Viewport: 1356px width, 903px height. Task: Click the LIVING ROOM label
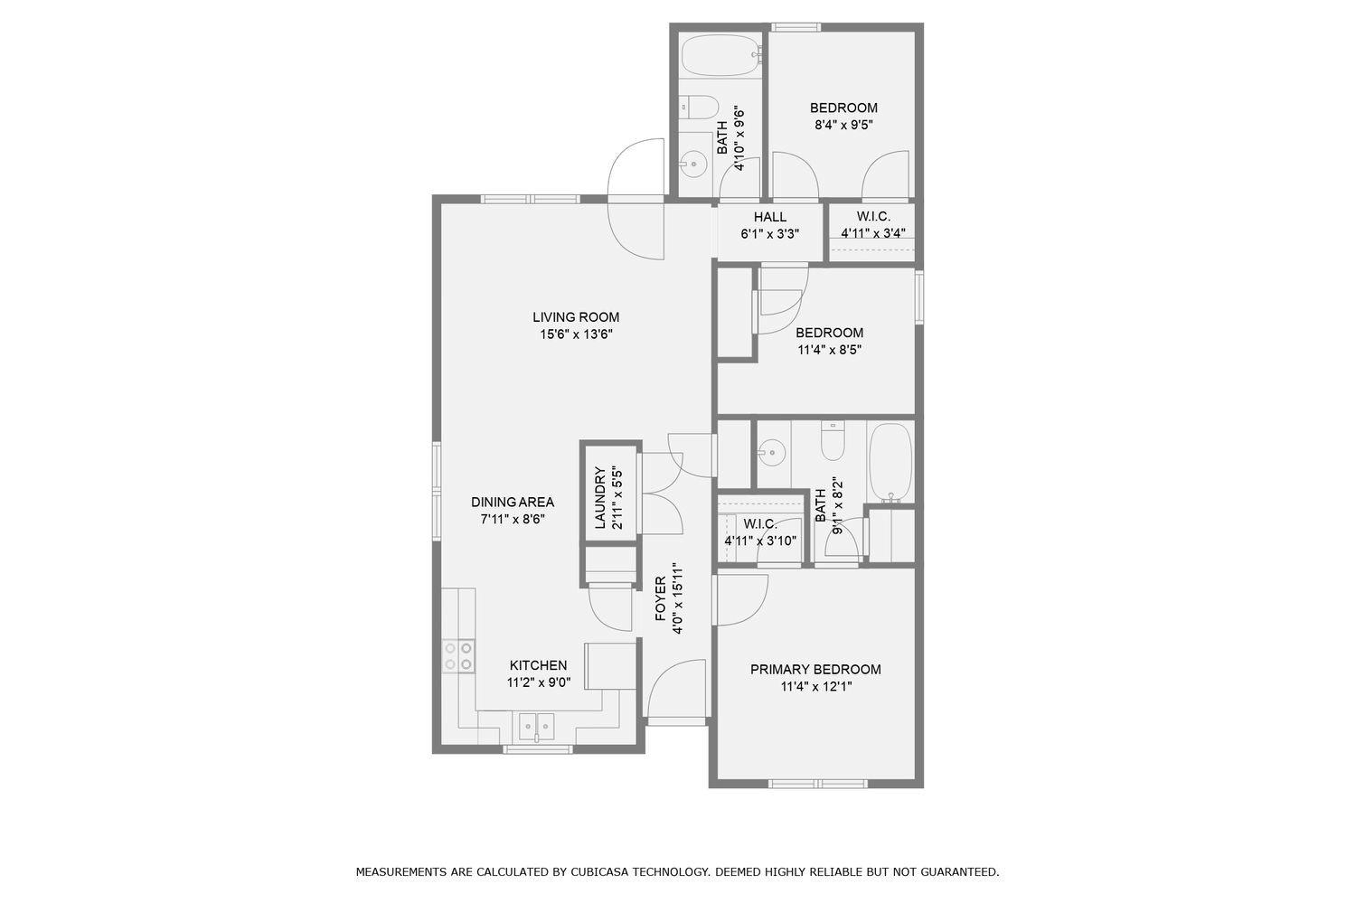click(575, 317)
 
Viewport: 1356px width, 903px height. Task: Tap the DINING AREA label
click(512, 503)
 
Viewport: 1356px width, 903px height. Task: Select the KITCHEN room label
click(538, 665)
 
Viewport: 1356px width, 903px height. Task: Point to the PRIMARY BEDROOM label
click(815, 670)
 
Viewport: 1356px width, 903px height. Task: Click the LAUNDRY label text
click(599, 498)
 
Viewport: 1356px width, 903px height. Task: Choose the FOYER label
click(661, 599)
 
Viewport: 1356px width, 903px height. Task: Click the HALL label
click(769, 217)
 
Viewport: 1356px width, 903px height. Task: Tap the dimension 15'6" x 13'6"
click(575, 334)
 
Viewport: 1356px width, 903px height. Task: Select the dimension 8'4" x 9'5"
click(843, 126)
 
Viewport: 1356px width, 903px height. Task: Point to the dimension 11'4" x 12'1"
click(815, 687)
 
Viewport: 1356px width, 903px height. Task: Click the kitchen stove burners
click(457, 655)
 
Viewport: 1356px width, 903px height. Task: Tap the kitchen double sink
click(536, 726)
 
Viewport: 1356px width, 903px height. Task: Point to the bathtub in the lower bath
click(890, 462)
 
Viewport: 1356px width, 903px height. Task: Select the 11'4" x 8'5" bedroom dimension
click(829, 350)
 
